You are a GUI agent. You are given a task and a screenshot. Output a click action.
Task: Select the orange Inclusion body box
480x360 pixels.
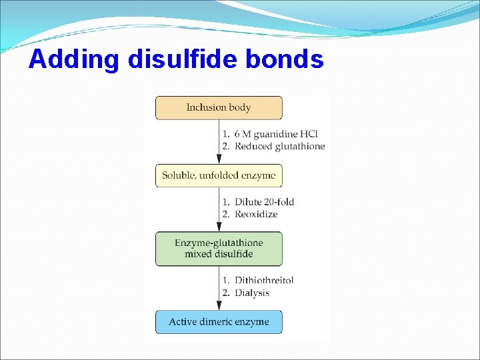(x=219, y=108)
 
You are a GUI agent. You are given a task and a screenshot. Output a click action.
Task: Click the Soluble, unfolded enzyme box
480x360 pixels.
(x=219, y=176)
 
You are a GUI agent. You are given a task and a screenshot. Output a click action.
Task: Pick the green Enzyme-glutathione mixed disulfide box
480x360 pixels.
(x=219, y=249)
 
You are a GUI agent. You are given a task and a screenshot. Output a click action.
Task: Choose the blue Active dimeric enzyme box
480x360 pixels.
(x=219, y=322)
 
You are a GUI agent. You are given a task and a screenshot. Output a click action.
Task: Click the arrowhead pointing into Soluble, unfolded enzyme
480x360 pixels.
(x=219, y=159)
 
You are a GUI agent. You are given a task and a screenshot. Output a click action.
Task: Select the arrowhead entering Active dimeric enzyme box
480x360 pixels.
(x=219, y=305)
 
